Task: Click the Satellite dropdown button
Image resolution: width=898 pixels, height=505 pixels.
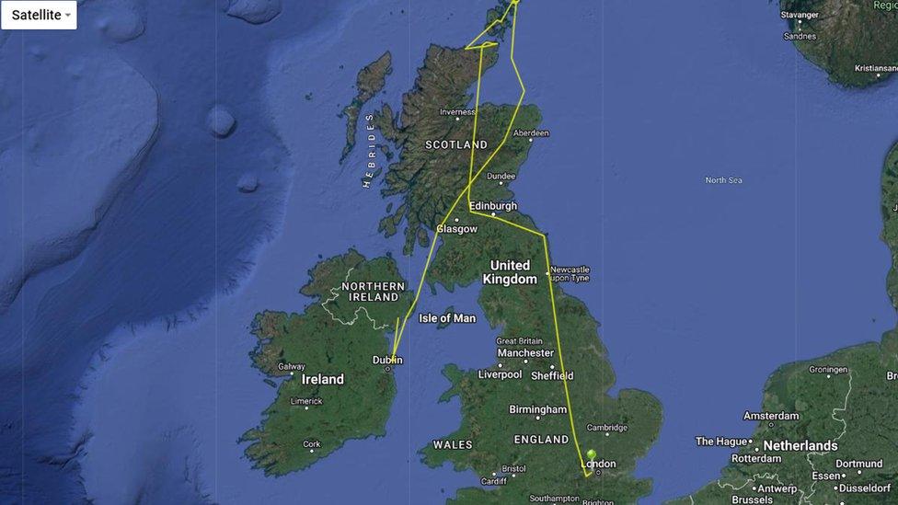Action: click(x=40, y=15)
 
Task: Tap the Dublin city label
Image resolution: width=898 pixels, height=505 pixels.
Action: click(x=387, y=360)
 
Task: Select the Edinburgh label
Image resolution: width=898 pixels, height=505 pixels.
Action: click(x=493, y=206)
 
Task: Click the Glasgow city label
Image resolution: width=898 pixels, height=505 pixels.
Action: click(x=457, y=228)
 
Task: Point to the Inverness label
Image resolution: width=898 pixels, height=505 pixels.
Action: click(x=457, y=112)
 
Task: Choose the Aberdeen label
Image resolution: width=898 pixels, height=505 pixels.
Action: click(x=531, y=133)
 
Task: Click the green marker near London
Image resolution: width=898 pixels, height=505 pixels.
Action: click(x=591, y=455)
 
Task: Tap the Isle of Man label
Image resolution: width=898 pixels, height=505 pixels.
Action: click(x=447, y=318)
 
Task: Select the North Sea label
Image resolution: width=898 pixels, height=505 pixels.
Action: click(x=723, y=180)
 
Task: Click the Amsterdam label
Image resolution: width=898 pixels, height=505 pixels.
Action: click(x=771, y=416)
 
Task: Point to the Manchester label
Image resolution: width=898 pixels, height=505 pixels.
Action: click(x=525, y=352)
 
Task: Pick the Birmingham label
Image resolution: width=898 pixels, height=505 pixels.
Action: click(x=538, y=409)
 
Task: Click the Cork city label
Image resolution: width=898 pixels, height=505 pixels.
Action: click(x=312, y=444)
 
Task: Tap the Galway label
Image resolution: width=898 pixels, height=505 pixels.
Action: click(x=291, y=366)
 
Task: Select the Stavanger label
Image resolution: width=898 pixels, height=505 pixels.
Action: click(x=799, y=15)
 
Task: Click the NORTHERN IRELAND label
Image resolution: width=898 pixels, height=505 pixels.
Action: click(x=373, y=292)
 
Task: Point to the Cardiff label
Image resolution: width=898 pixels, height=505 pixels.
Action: click(x=493, y=481)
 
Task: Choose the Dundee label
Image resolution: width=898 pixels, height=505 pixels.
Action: click(x=501, y=176)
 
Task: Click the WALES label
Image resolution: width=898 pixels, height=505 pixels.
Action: click(x=452, y=444)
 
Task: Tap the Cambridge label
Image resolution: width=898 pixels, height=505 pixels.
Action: click(x=607, y=428)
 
